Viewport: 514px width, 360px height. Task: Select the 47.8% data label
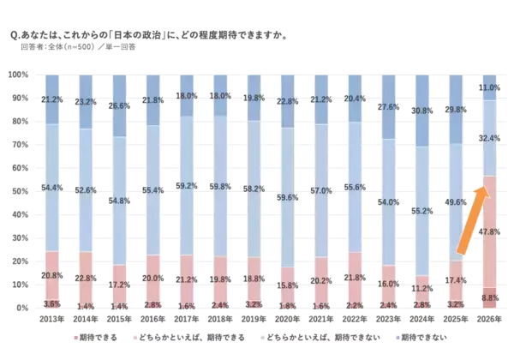tap(488, 231)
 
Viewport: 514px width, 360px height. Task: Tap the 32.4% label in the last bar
tap(489, 137)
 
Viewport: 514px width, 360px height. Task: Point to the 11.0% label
tap(489, 87)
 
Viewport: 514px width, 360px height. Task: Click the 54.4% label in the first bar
tap(51, 188)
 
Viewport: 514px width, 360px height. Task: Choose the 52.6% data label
tap(85, 190)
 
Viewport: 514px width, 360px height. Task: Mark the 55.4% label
tap(152, 189)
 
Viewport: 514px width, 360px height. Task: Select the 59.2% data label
tap(185, 185)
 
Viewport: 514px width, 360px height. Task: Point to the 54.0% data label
tap(387, 202)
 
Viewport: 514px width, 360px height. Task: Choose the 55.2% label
tap(421, 210)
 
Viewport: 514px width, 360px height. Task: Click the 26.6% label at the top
tap(118, 106)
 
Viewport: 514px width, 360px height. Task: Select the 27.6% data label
tap(387, 107)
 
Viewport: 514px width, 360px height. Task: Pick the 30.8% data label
tap(421, 111)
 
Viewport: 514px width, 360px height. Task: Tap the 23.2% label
tap(85, 101)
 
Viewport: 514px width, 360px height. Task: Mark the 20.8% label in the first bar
tap(51, 275)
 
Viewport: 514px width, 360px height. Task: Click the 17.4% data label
tap(455, 280)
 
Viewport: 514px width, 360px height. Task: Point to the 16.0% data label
tap(387, 284)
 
